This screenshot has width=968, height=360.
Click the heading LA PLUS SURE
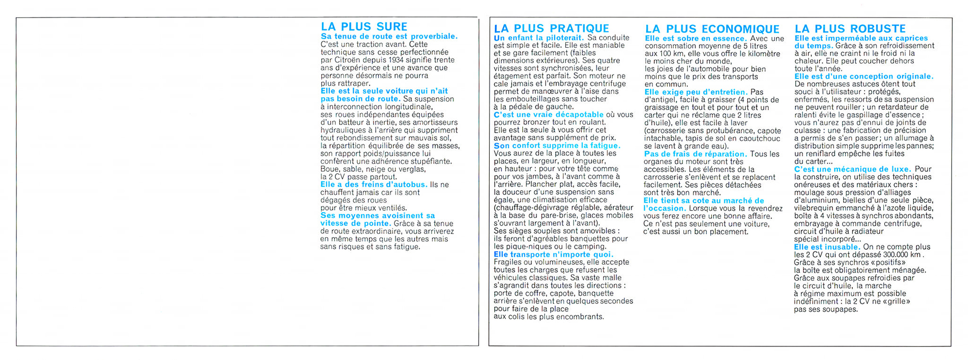coord(364,27)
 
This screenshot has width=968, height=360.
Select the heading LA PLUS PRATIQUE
coord(551,29)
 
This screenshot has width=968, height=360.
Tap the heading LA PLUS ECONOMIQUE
coord(712,30)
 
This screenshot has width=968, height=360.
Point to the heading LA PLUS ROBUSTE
coord(850,29)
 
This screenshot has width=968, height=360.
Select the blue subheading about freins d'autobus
coord(374,184)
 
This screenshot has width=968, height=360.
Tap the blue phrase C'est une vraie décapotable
coord(548,115)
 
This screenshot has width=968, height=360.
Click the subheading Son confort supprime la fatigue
coord(557,146)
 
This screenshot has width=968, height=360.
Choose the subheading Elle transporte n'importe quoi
coord(553,255)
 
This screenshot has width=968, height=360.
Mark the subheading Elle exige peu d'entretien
coord(696,92)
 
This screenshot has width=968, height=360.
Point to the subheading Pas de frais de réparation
coord(695,154)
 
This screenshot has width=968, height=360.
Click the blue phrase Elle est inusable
coord(827,247)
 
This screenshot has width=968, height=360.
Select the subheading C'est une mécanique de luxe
coord(852,169)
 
